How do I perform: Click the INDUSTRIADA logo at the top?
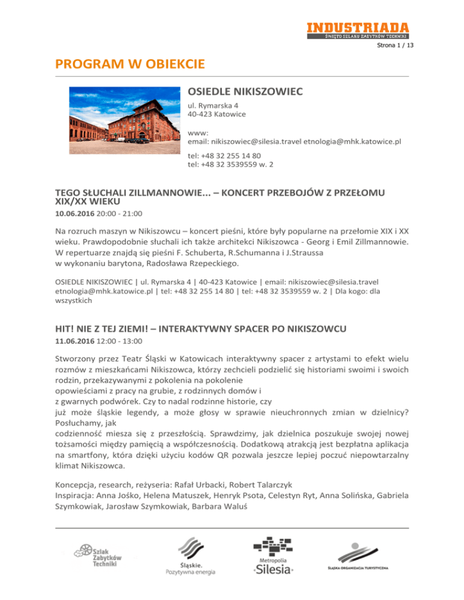(x=357, y=30)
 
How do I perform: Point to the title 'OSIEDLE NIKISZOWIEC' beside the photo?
(x=245, y=92)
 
